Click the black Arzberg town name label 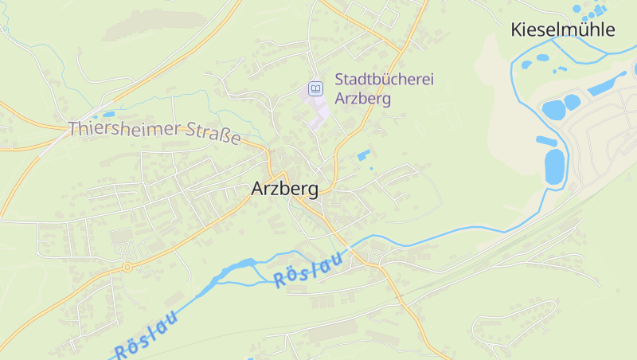284,190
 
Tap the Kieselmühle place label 563,30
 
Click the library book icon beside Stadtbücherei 316,88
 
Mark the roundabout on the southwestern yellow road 127,268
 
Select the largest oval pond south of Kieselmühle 554,166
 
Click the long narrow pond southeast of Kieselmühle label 608,83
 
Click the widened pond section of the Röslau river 240,266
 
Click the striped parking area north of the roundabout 123,237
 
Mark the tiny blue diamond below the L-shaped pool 371,168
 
